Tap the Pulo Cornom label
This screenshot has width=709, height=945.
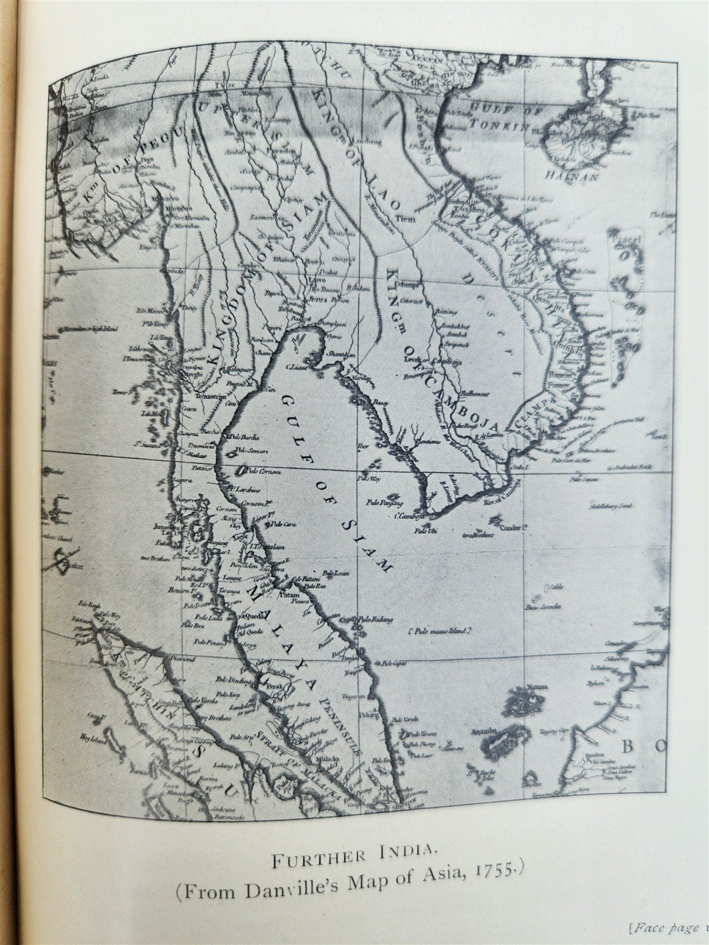pyautogui.click(x=264, y=471)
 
